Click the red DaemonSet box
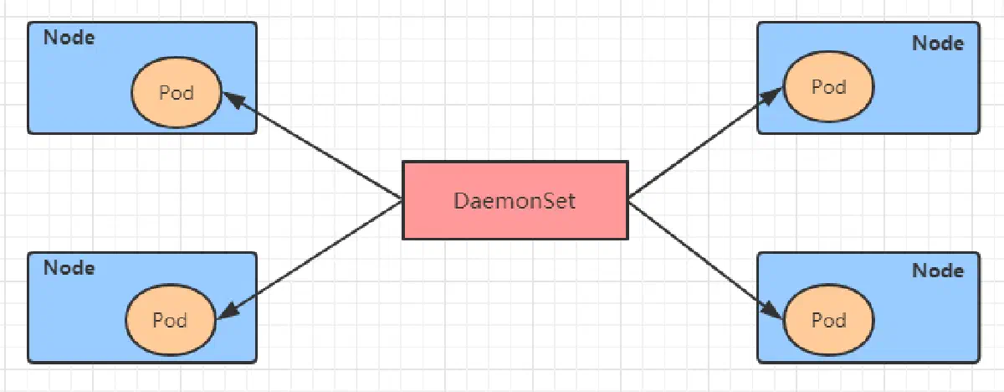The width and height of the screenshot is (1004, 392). pos(515,200)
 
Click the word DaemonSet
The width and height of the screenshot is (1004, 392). pos(515,200)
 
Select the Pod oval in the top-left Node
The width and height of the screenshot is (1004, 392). pos(177,92)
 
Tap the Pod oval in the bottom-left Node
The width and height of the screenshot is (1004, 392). pos(171,320)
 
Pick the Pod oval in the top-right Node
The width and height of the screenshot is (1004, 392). pos(829,86)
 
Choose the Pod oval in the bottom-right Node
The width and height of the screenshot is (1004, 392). pos(829,320)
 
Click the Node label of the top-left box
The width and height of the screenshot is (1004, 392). pos(69,37)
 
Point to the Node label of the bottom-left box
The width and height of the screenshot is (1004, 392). pos(69,268)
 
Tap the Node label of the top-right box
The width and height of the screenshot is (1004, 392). pos(938,43)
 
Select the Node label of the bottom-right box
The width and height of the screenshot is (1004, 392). pos(938,271)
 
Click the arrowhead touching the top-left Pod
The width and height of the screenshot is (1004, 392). pos(234,100)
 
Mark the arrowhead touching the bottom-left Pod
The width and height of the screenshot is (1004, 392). pos(228,312)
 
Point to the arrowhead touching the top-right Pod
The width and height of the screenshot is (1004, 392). pos(771,96)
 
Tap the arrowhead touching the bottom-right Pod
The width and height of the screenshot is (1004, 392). pos(771,311)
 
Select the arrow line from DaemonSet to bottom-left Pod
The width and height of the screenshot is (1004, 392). pos(310,260)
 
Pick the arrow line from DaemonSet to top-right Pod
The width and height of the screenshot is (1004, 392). pos(706,142)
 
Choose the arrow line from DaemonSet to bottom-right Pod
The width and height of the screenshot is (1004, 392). pos(706,261)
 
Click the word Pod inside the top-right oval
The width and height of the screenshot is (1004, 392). pos(829,86)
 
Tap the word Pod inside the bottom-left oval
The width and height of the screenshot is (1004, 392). pos(170,320)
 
